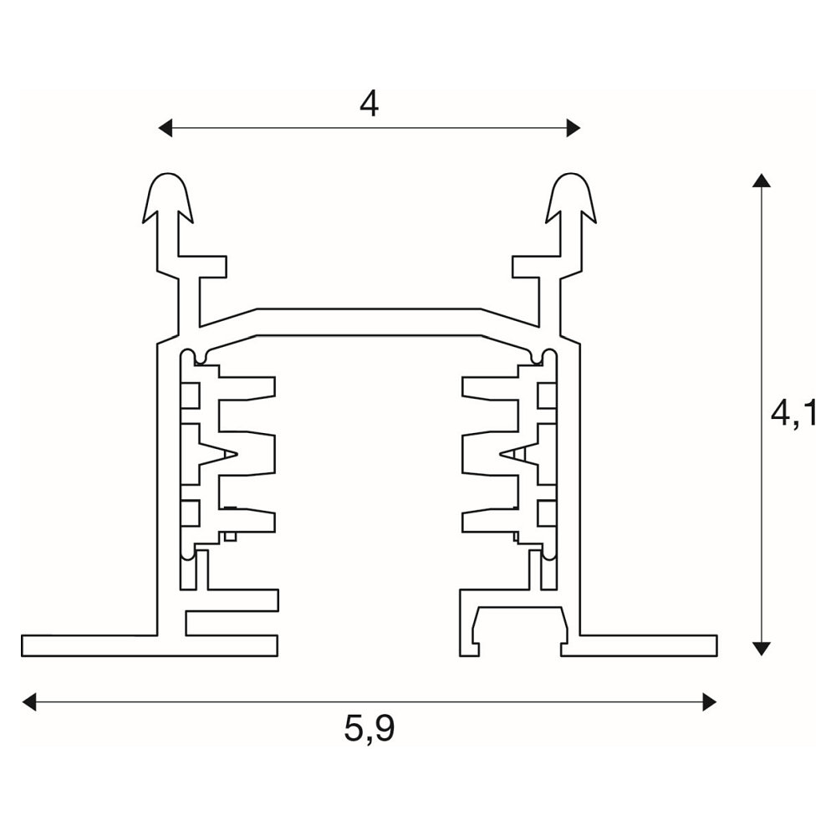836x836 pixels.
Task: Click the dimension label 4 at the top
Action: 369,104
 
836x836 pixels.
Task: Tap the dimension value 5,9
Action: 369,728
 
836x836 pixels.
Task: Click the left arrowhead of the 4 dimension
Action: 166,128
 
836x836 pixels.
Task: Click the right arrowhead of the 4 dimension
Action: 573,128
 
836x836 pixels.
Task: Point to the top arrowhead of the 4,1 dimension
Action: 762,181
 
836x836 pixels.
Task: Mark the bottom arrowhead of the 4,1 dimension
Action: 762,649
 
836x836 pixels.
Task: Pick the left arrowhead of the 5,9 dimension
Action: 28,701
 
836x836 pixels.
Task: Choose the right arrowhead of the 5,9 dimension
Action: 710,701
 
